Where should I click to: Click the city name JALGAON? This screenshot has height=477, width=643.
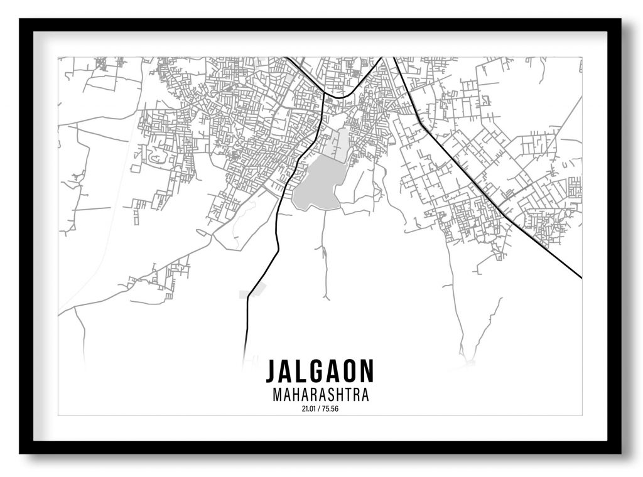click(x=320, y=371)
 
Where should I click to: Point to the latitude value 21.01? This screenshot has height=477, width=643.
click(x=309, y=409)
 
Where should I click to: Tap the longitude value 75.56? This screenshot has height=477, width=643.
click(x=331, y=409)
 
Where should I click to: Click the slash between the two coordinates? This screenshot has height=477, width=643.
click(x=320, y=409)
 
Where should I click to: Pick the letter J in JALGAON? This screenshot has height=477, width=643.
click(x=271, y=371)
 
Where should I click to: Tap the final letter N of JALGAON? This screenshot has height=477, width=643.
click(x=366, y=371)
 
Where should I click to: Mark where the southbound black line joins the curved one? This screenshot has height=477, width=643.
click(x=323, y=96)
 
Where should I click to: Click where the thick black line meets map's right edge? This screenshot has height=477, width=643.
click(x=581, y=277)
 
